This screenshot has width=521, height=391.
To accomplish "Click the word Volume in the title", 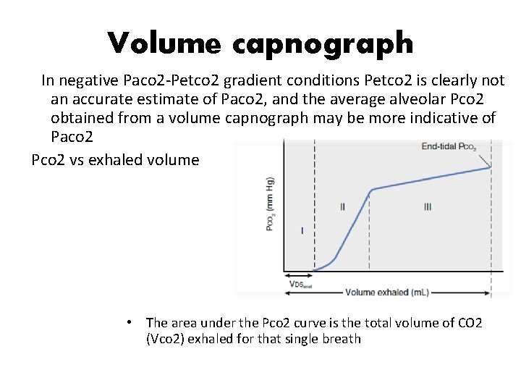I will tap(164, 43).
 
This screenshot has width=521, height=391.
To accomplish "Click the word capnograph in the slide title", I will tap(323, 45).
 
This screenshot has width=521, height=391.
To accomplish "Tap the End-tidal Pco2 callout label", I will tap(449, 147).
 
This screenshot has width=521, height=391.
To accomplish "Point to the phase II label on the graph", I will tap(342, 206).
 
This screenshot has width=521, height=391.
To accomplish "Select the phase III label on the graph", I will tap(428, 206).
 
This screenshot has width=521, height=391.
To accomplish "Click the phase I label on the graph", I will tap(301, 231).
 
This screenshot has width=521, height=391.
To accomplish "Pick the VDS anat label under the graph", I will tap(300, 285).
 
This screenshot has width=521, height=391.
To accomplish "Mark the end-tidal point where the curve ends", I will tap(491, 167).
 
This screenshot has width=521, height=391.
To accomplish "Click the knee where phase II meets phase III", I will tap(371, 190).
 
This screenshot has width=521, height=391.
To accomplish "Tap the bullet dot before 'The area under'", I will tap(128, 321).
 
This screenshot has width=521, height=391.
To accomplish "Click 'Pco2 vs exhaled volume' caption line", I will tap(115, 159).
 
